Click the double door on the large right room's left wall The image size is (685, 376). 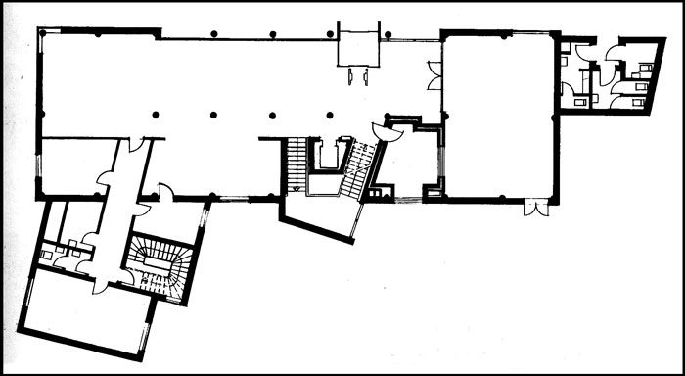[x=434, y=74]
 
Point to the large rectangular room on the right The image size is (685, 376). [x=496, y=117]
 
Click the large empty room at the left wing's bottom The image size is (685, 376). [x=86, y=315]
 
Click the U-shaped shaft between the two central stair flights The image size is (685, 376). [x=327, y=157]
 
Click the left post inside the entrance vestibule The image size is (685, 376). [x=349, y=75]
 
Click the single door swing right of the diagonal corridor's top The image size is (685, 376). [x=164, y=193]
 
